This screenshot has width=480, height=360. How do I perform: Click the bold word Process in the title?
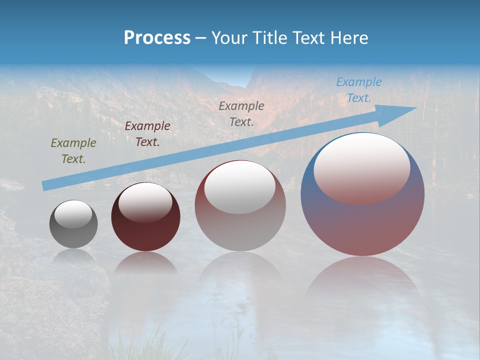(x=157, y=38)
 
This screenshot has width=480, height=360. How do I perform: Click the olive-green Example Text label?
(x=73, y=151)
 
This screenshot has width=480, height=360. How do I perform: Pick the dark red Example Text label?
(x=147, y=134)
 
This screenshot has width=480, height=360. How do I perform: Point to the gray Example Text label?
(x=241, y=113)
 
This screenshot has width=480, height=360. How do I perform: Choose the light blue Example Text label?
(x=358, y=90)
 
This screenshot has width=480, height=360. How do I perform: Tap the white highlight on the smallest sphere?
(x=73, y=214)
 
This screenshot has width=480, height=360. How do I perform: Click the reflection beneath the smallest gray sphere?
(x=73, y=256)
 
